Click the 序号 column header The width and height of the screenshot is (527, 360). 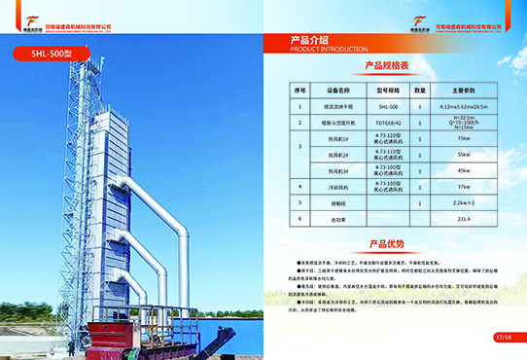[299, 90]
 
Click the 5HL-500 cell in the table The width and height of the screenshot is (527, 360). [388, 105]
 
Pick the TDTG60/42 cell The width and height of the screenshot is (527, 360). [388, 122]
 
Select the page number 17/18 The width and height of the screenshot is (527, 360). [503, 336]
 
